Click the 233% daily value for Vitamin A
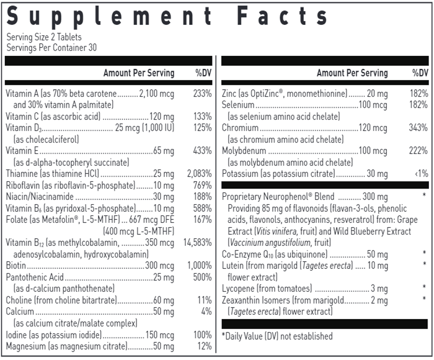pyautogui.click(x=203, y=93)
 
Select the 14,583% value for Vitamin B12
pyautogui.click(x=198, y=242)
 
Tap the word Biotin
pyautogui.click(x=17, y=266)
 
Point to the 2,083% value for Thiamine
pyautogui.click(x=199, y=173)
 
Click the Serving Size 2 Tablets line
pyautogui.click(x=44, y=37)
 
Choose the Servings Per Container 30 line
pyautogui.click(x=51, y=47)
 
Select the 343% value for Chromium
pyautogui.click(x=418, y=128)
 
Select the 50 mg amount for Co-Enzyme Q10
pyautogui.click(x=378, y=254)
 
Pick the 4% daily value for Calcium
pyautogui.click(x=206, y=312)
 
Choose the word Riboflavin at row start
pyautogui.click(x=22, y=184)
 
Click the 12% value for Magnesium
pyautogui.click(x=205, y=346)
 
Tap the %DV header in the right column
pyautogui.click(x=420, y=73)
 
